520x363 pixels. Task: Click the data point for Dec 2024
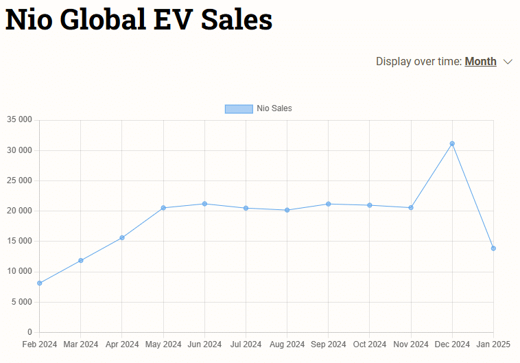[452, 143]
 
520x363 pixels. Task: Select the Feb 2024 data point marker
[40, 283]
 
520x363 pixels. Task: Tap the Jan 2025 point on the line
[493, 248]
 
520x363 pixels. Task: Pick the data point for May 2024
[163, 208]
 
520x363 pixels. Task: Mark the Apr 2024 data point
[122, 237]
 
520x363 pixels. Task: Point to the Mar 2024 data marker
[81, 260]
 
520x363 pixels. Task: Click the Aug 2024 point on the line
[287, 210]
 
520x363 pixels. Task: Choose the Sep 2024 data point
[328, 204]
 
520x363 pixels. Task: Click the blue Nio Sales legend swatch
[239, 108]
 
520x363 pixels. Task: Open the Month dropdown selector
[480, 62]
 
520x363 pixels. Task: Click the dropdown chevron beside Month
[508, 62]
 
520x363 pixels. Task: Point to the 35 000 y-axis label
[19, 120]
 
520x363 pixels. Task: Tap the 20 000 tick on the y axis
[19, 211]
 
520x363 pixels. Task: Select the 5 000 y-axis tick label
[21, 302]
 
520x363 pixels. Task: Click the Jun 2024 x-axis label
[204, 344]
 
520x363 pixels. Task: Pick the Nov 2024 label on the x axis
[411, 344]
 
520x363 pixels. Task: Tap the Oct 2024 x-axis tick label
[370, 344]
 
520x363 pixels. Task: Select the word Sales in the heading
[237, 19]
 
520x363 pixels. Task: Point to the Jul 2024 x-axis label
[246, 344]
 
